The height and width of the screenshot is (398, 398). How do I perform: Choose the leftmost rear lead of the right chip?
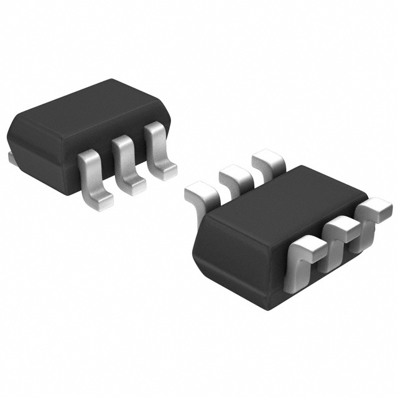202,193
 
